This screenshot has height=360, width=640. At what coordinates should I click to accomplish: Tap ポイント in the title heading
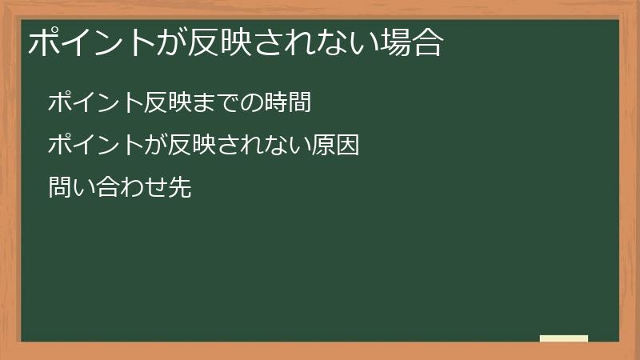point(92,42)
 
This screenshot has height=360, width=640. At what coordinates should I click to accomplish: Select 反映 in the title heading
point(218,42)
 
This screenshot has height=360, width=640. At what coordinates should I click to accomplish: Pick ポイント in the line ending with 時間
point(95,103)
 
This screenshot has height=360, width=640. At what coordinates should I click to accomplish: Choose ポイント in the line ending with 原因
point(95,146)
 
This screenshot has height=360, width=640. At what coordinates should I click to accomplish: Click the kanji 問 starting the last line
point(60,190)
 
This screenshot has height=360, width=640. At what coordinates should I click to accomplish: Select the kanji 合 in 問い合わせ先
point(108,190)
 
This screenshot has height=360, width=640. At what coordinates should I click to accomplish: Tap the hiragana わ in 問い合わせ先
point(132,190)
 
